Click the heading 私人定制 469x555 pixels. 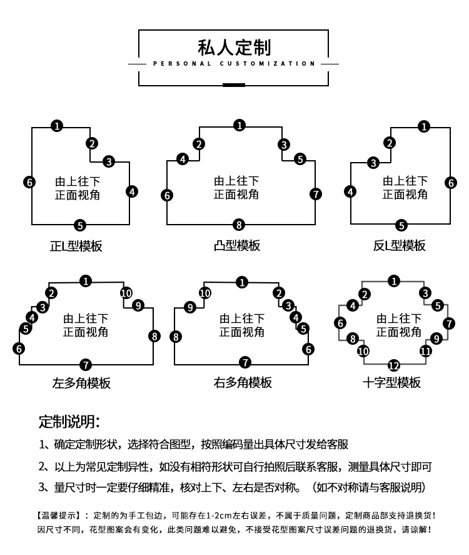click(x=234, y=46)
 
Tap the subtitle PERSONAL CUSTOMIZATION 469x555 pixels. click(x=234, y=64)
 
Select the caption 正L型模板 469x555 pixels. click(x=76, y=246)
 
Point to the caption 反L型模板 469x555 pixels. click(x=400, y=245)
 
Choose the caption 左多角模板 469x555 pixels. click(x=81, y=382)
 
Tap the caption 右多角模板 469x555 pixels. click(x=243, y=382)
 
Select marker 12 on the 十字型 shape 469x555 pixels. click(x=393, y=366)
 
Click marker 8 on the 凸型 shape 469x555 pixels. click(x=238, y=224)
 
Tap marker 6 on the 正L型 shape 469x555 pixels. click(x=29, y=183)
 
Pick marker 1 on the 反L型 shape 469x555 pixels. click(x=425, y=127)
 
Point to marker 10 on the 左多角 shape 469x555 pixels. click(x=126, y=293)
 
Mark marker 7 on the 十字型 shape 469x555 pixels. click(x=448, y=323)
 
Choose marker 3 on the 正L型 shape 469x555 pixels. click(x=109, y=162)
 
